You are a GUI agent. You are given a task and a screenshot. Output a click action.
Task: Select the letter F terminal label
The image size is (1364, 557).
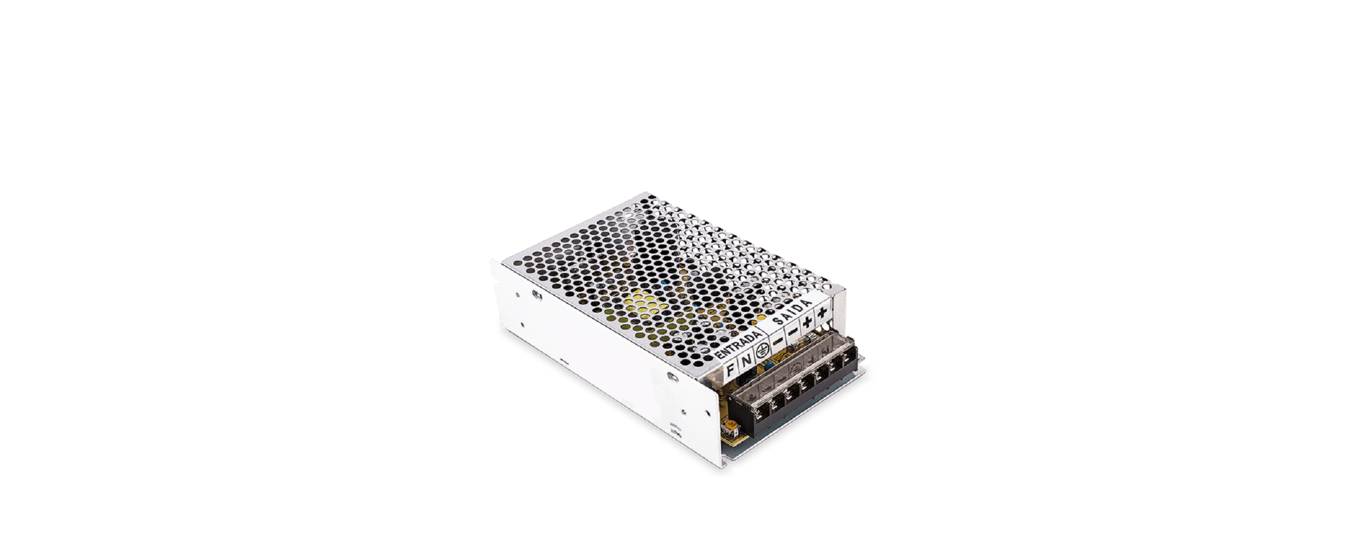[730, 368]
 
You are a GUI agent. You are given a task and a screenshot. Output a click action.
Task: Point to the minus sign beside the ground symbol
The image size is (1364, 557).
[777, 340]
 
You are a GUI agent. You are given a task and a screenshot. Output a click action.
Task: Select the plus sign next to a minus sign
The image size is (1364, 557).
[807, 321]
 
